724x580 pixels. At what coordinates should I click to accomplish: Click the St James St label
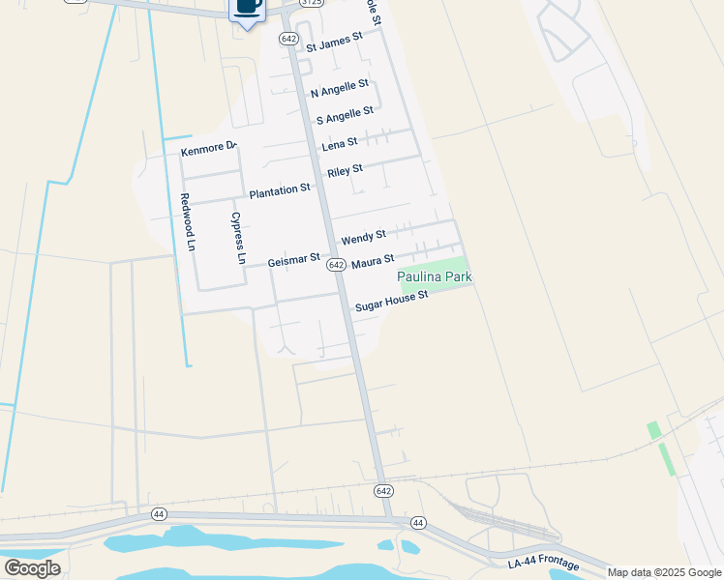(x=333, y=42)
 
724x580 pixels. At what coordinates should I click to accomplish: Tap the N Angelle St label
(x=339, y=89)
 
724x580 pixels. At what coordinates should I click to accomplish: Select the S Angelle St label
(x=345, y=116)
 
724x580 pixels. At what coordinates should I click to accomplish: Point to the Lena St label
(x=339, y=143)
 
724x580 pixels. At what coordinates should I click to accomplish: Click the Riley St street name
(x=345, y=171)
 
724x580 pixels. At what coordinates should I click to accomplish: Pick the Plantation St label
(x=279, y=192)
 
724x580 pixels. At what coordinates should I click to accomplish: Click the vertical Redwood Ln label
(x=188, y=222)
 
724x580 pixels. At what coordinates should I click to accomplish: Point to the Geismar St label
(x=293, y=259)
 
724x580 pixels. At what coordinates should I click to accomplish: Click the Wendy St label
(x=363, y=236)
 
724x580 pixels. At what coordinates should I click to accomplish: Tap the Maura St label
(x=373, y=262)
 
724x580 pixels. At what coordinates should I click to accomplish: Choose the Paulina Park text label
(x=435, y=277)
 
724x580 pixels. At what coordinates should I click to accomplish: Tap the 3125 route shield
(x=311, y=4)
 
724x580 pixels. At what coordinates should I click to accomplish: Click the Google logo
(x=33, y=567)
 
